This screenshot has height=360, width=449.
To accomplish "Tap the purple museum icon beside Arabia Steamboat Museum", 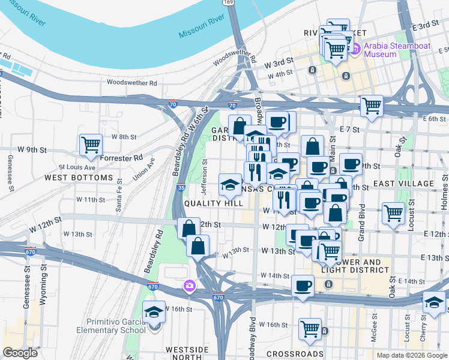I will pyautogui.click(x=355, y=49).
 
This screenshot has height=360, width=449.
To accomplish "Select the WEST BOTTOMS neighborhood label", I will pyautogui.click(x=78, y=178).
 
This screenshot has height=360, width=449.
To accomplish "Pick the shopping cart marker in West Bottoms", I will pyautogui.click(x=91, y=145).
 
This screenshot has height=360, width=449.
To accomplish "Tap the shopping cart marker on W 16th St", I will pyautogui.click(x=310, y=328).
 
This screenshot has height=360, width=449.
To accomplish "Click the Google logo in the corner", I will pyautogui.click(x=20, y=353).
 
